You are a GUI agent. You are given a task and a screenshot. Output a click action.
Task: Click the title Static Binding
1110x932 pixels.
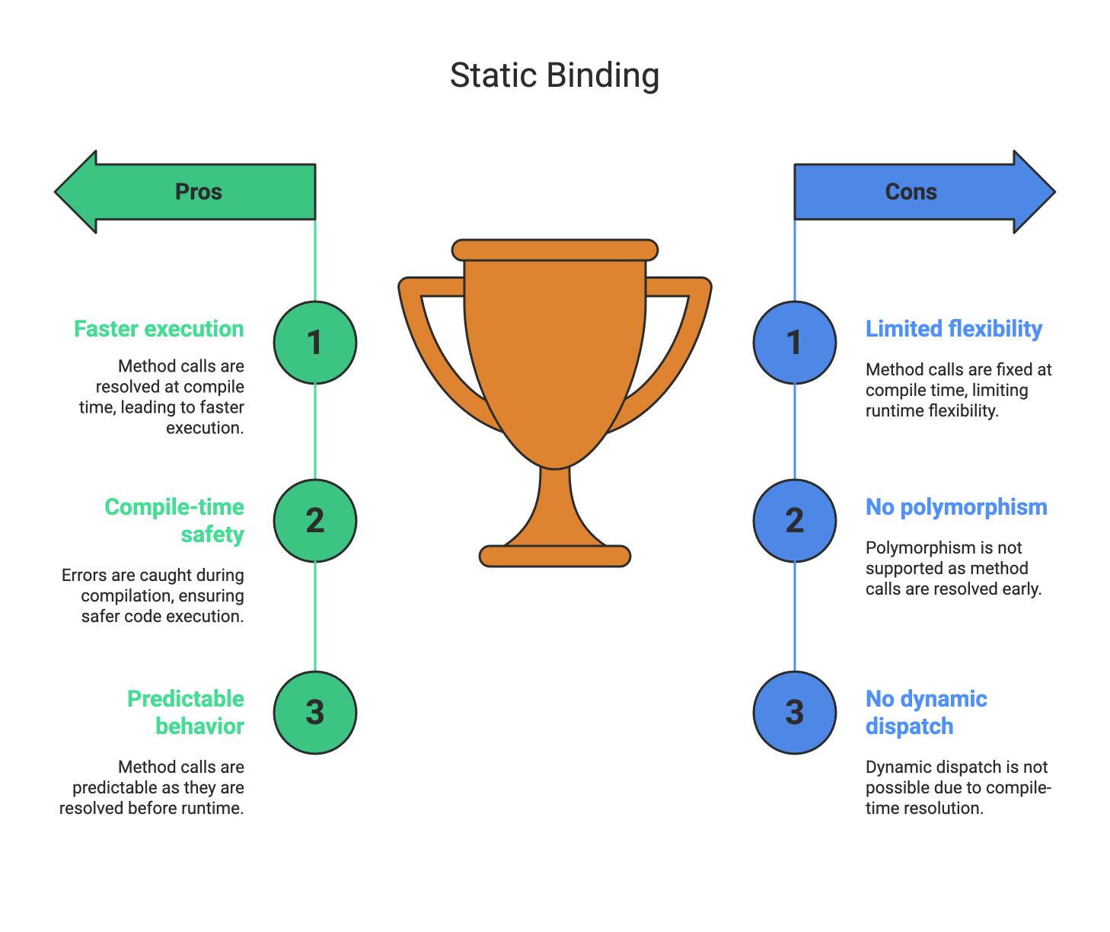tap(554, 75)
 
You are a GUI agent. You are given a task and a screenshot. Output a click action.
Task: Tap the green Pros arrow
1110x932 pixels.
tap(185, 192)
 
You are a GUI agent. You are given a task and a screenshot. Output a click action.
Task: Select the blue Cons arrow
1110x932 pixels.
tap(924, 192)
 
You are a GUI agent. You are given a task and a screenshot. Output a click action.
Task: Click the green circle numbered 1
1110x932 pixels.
tap(315, 343)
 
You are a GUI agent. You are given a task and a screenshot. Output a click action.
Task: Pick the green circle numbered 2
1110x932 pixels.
tap(315, 521)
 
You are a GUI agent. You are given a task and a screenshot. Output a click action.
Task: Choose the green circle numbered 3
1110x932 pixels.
tap(315, 713)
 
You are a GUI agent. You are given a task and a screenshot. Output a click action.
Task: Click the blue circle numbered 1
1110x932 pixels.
tap(795, 343)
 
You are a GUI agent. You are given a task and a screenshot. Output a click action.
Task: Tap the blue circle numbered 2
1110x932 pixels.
tap(795, 521)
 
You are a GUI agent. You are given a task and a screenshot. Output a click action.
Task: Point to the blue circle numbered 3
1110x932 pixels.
tap(795, 713)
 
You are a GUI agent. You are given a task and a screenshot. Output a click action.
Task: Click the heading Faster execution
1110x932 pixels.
tap(159, 329)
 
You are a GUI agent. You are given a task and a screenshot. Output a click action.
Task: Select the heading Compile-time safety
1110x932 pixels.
tap(174, 521)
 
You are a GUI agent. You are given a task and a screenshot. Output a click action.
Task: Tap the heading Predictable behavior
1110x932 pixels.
tap(186, 713)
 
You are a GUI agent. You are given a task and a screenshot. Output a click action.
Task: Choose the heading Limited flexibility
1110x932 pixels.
tap(954, 329)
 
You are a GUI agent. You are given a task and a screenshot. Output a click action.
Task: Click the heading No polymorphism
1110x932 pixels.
tap(956, 507)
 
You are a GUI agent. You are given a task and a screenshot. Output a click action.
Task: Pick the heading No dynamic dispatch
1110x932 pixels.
tap(926, 713)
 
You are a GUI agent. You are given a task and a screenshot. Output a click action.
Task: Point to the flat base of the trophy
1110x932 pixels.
tap(554, 556)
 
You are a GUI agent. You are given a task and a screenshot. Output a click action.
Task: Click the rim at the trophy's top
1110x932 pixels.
tap(554, 250)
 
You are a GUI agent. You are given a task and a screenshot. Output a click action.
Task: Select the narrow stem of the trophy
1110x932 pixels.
tap(554, 505)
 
